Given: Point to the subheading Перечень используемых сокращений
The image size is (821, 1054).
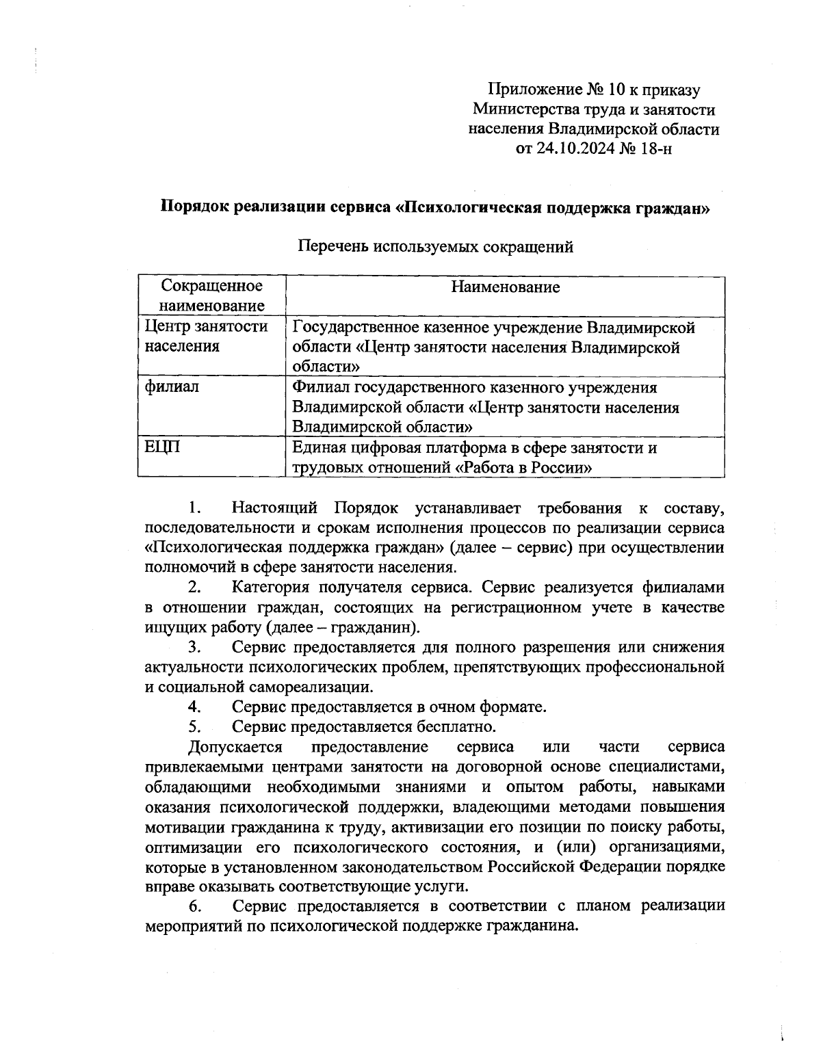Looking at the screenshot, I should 436,247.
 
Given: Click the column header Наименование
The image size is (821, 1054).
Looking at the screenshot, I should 505,287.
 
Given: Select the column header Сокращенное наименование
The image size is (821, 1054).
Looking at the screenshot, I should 211,295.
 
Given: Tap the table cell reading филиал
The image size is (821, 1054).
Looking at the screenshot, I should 172,387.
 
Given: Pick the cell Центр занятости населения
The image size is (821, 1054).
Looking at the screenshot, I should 206,337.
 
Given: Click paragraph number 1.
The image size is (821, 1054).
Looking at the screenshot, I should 194,508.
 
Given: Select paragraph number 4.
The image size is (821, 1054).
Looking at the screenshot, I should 194,707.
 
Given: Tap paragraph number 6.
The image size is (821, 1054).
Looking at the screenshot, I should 194,906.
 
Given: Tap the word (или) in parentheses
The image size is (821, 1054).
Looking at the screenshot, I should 575,847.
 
